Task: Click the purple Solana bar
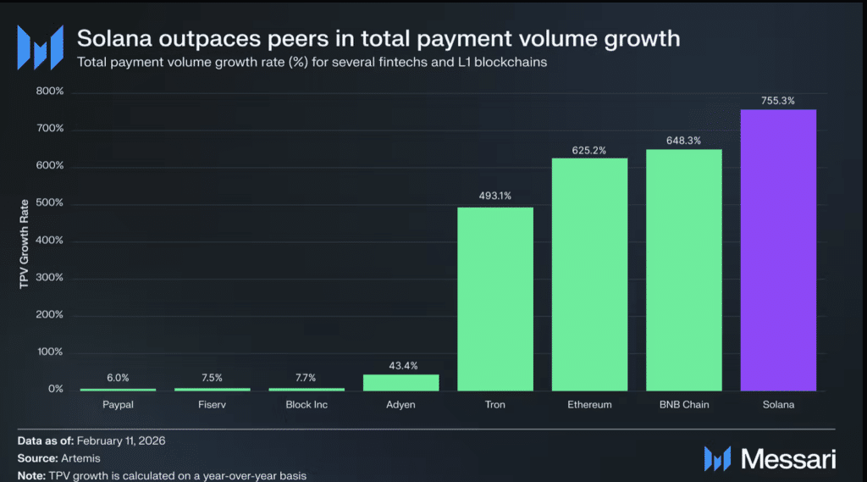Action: tap(778, 250)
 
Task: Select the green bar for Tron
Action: tap(495, 299)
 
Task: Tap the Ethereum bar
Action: tap(589, 274)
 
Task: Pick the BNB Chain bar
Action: tap(684, 270)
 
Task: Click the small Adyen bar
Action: tap(400, 383)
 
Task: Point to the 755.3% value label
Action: tap(778, 101)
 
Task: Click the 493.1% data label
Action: tap(495, 196)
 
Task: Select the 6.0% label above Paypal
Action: tap(118, 378)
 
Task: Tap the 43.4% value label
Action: tap(403, 366)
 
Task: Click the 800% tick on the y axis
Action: tap(50, 91)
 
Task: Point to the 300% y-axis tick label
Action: tap(50, 277)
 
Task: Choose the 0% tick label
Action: tap(55, 389)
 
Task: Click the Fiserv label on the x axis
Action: tap(213, 405)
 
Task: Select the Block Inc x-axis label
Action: tap(306, 405)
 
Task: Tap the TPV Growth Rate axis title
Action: tap(24, 244)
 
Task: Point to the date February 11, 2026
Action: tap(121, 441)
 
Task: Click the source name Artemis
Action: tap(80, 458)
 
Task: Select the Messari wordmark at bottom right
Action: tap(788, 459)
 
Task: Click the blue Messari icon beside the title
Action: tap(41, 47)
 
